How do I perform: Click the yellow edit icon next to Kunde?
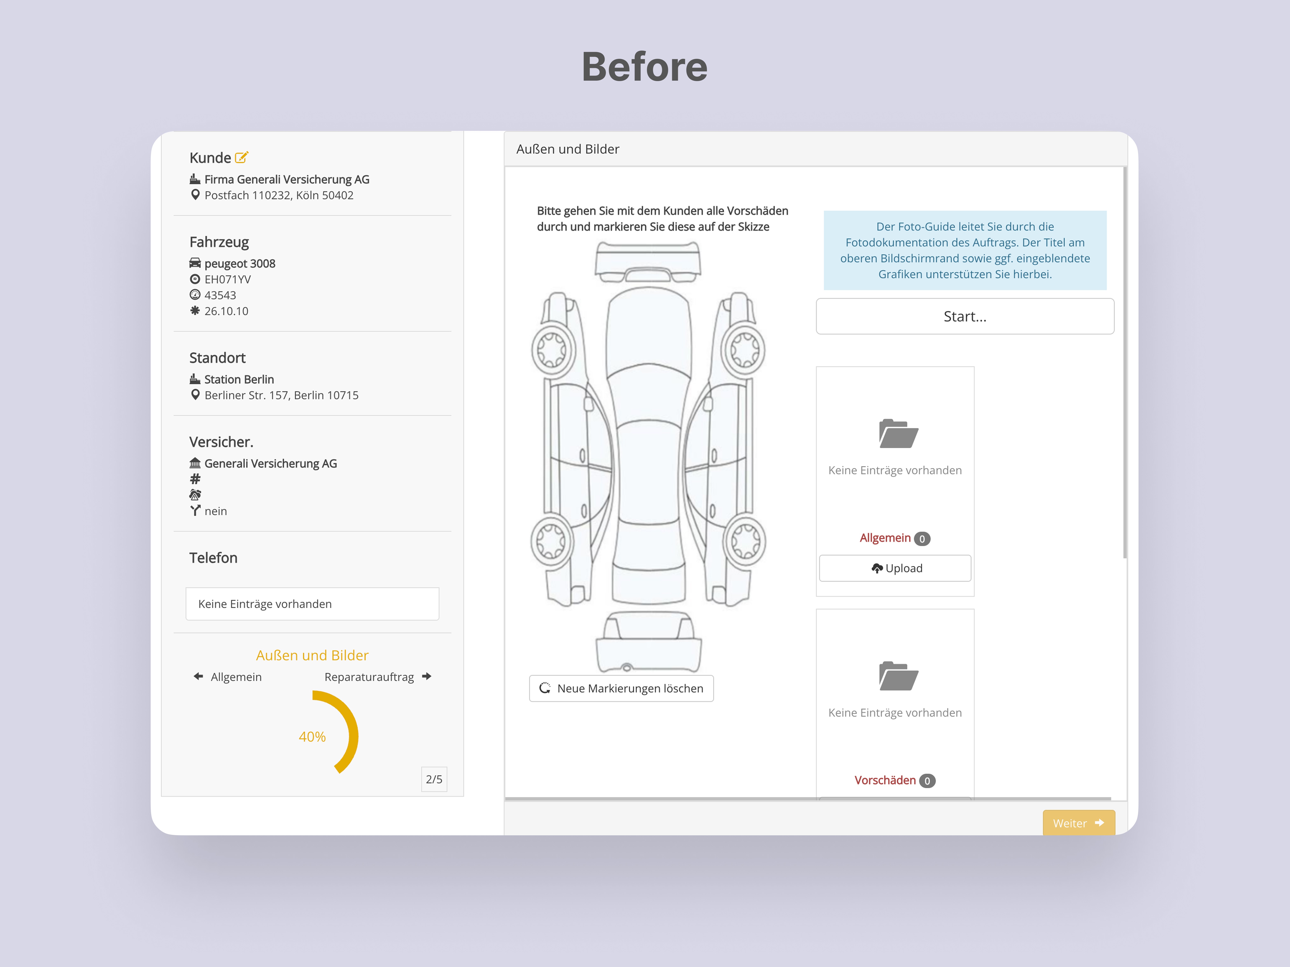[241, 157]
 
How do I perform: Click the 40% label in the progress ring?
[312, 737]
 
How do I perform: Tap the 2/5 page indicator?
[434, 779]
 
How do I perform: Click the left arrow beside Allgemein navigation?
[198, 676]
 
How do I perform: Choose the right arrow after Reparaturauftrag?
[427, 676]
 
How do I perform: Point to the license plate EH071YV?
[227, 279]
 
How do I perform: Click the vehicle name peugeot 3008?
[240, 264]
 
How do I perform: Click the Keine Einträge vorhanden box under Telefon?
[312, 604]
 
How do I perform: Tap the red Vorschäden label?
[885, 780]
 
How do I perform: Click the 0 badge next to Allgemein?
[922, 539]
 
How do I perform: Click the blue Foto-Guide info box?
[965, 250]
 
